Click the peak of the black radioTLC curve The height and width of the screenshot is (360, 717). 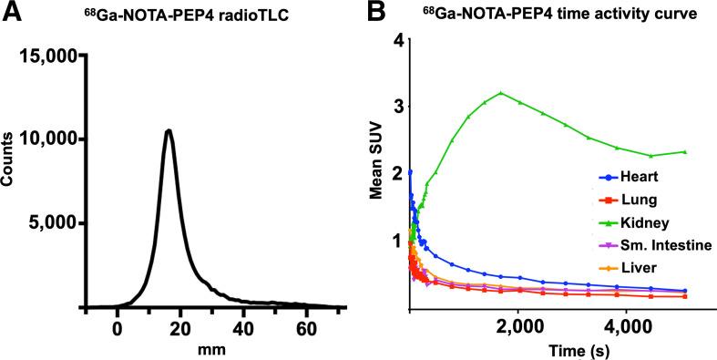pyautogui.click(x=168, y=130)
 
